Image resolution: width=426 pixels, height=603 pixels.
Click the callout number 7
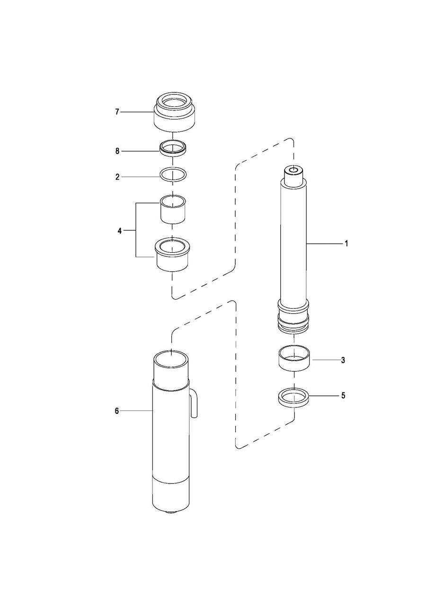[117, 112]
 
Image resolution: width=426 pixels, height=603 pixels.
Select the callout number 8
[117, 151]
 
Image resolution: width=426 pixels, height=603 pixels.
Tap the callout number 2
[117, 177]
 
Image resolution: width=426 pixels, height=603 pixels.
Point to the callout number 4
[120, 231]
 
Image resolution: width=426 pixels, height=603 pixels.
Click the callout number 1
[346, 244]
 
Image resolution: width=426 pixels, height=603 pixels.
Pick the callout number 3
[343, 360]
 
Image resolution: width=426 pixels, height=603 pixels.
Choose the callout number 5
[343, 396]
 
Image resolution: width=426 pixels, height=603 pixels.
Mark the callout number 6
[117, 411]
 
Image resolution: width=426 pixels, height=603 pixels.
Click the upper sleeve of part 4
[173, 210]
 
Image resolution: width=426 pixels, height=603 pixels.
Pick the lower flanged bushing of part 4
[173, 255]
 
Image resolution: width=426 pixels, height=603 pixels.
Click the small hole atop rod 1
[294, 170]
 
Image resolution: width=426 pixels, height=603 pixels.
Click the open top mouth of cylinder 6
[171, 359]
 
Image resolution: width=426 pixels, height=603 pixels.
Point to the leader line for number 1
[324, 243]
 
